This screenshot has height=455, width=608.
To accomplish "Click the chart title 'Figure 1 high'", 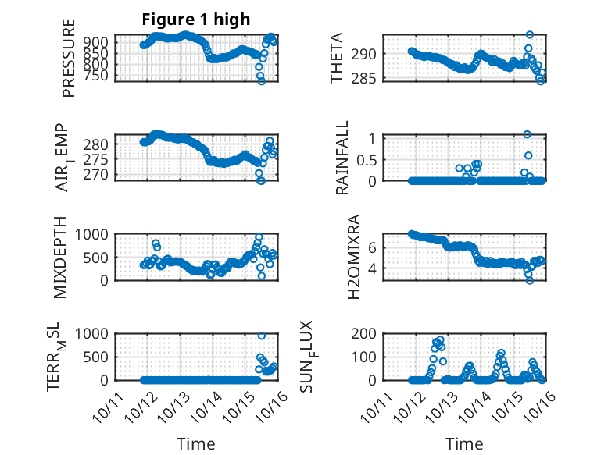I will pos(195,20).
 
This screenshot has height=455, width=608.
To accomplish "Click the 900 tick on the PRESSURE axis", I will pos(100,42).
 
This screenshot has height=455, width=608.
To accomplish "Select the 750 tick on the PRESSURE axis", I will pos(100,75).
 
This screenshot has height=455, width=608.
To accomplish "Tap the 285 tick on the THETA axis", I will pos(366,78).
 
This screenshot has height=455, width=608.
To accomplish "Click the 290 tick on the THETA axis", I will pos(366,54).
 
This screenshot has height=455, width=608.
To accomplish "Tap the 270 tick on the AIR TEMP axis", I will pos(100,174).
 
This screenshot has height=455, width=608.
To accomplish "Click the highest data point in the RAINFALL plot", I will pos(527,135).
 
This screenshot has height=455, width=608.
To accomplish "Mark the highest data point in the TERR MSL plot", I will pos(261,336).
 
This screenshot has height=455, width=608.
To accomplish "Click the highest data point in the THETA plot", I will pos(530,35).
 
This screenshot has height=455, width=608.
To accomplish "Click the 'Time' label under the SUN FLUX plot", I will pos(464,443).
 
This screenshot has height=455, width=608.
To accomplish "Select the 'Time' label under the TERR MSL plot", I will pos(195,443).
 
